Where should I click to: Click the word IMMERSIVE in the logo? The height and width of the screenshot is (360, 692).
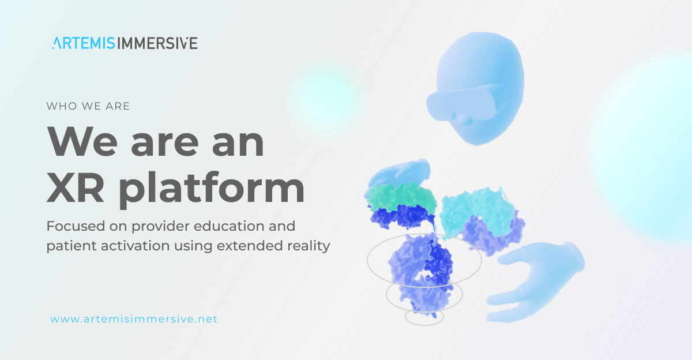click(x=161, y=43)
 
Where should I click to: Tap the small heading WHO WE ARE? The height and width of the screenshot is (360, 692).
click(x=88, y=106)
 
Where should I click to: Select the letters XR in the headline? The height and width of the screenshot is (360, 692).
click(x=79, y=188)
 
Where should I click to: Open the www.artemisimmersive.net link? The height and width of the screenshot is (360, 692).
click(x=134, y=318)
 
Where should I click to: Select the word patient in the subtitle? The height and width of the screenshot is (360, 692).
click(x=67, y=246)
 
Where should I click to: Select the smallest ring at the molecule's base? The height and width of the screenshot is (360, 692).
click(x=424, y=317)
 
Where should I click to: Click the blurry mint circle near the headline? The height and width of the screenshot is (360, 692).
click(x=326, y=95)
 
